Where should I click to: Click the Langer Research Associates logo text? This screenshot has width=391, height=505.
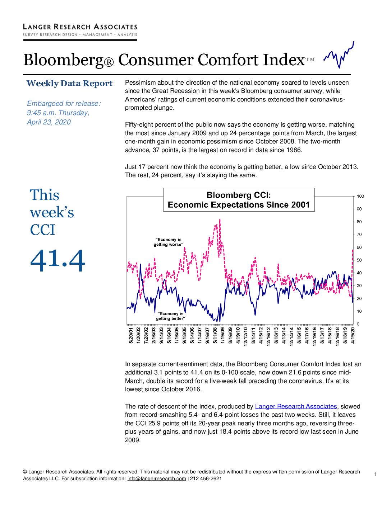(x=80, y=27)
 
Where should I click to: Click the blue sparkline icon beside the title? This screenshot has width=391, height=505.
(x=339, y=55)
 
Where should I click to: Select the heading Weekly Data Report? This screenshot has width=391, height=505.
(x=69, y=84)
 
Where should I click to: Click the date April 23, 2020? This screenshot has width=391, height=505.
(x=49, y=122)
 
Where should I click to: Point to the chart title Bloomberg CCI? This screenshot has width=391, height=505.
(x=239, y=195)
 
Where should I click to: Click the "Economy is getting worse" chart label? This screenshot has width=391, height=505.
(x=169, y=242)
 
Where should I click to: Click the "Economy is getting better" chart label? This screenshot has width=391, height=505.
(x=170, y=316)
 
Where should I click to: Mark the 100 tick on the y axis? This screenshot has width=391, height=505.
(x=360, y=197)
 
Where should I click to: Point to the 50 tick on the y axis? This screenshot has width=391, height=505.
(x=359, y=260)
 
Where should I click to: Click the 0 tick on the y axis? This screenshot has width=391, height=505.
(x=358, y=324)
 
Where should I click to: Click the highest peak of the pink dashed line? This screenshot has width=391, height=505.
(x=220, y=220)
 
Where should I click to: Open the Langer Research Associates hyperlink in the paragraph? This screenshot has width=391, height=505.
(x=296, y=406)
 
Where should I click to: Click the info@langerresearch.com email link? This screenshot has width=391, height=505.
(x=157, y=478)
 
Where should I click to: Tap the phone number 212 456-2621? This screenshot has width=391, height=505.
(x=206, y=478)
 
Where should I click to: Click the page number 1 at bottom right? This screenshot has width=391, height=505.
(x=375, y=474)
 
